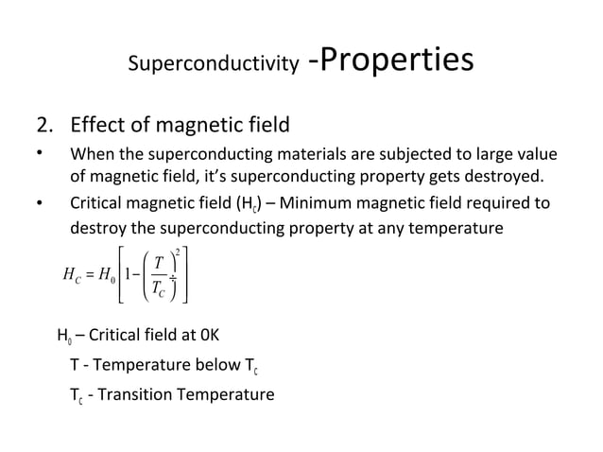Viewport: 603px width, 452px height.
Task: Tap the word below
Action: coord(196,364)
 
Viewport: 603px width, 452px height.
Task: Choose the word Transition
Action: coord(142,392)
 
